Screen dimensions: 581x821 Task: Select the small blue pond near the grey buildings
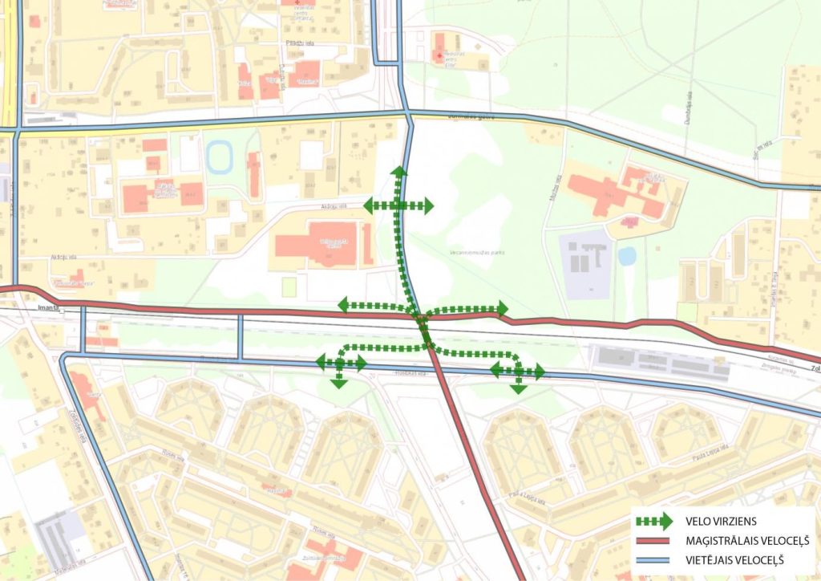(x=627, y=256)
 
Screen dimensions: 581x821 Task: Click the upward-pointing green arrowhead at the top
(x=398, y=171)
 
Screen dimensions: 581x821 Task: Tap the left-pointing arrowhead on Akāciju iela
(x=370, y=206)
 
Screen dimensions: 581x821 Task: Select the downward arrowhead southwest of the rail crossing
(x=339, y=383)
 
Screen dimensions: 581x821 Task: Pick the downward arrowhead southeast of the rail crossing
(x=519, y=388)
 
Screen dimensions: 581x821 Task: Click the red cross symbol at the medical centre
(x=437, y=55)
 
